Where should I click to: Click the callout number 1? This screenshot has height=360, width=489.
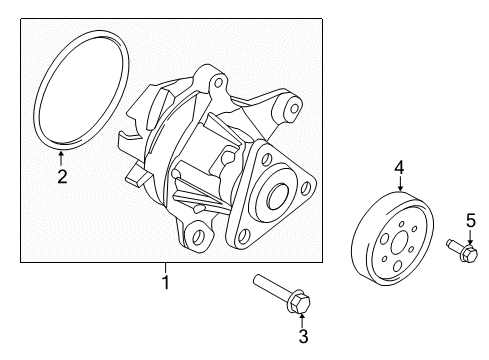point(165,282)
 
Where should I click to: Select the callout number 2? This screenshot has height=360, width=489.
point(62,176)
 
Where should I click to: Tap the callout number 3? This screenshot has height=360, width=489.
point(303,336)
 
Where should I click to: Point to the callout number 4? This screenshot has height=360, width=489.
point(399,167)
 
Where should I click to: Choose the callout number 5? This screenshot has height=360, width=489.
point(471,221)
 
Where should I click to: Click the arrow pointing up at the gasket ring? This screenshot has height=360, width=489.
point(61,158)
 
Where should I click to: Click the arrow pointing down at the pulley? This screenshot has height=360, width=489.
point(400,183)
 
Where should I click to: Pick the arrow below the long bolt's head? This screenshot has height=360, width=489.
point(302,320)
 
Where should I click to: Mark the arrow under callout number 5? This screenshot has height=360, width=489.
point(470,237)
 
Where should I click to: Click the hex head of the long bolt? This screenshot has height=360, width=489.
point(299,302)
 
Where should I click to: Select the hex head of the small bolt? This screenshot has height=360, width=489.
point(470,253)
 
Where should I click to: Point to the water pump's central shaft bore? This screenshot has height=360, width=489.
point(278,196)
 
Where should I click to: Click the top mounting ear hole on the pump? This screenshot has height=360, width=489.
point(219,82)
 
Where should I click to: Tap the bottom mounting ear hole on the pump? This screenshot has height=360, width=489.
point(198,236)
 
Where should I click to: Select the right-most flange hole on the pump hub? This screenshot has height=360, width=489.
point(305,188)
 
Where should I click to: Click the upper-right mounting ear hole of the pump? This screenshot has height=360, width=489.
point(295,108)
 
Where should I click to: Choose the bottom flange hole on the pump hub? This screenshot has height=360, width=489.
point(244,236)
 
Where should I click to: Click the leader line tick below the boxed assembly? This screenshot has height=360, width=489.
point(165,267)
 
